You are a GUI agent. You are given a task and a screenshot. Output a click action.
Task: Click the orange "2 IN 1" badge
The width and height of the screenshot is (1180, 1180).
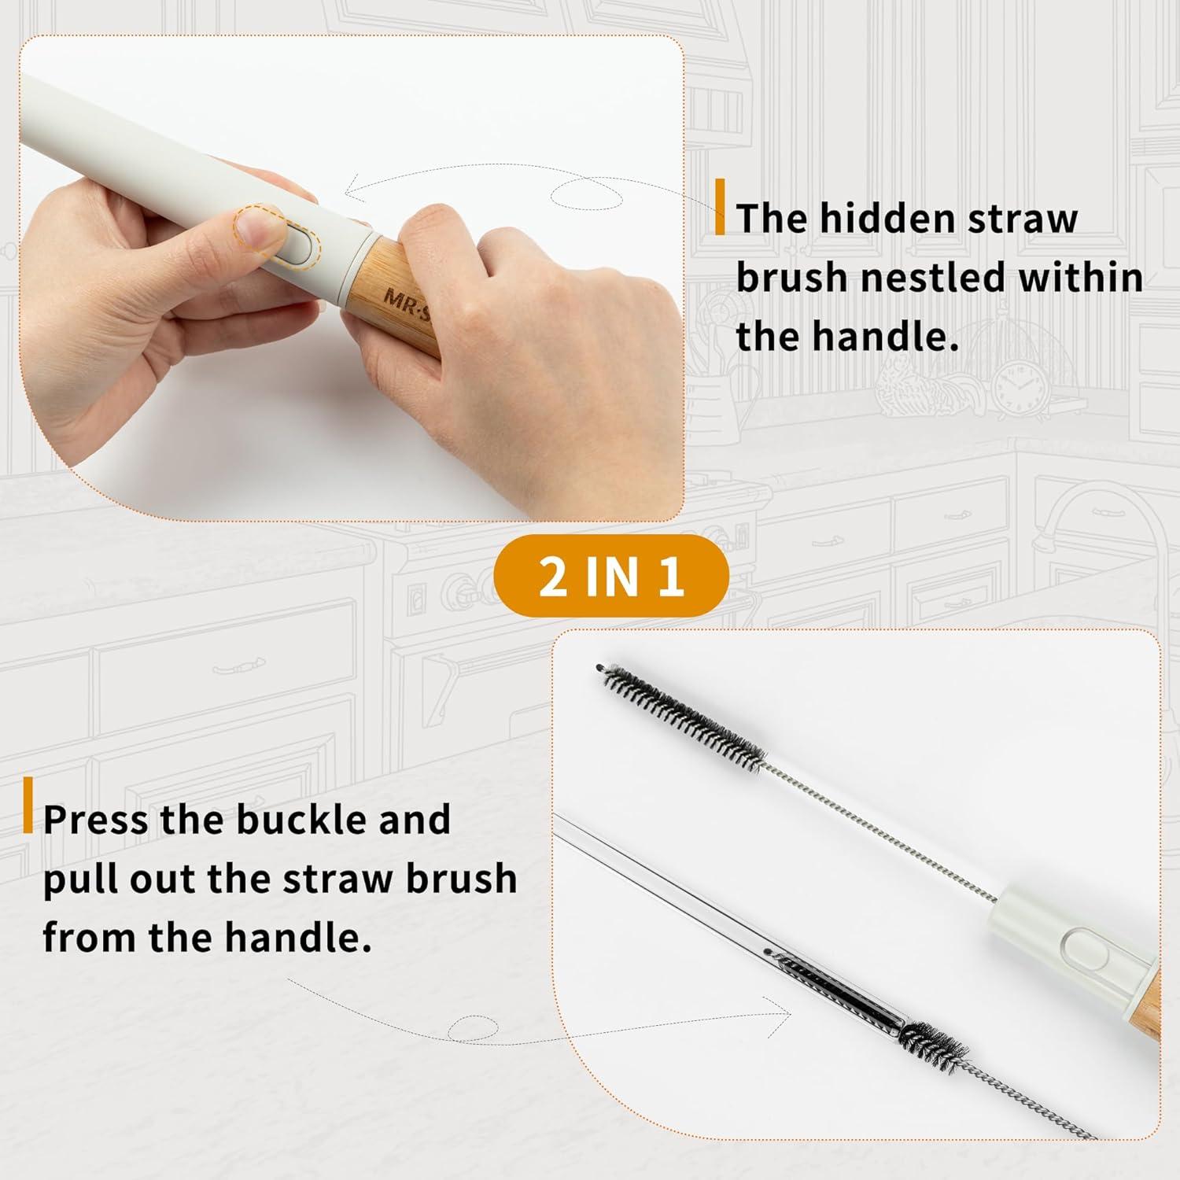(610, 576)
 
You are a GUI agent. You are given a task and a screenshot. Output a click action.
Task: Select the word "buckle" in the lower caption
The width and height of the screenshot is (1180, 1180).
(301, 820)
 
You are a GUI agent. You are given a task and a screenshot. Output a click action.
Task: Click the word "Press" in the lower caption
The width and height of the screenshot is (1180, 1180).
(95, 820)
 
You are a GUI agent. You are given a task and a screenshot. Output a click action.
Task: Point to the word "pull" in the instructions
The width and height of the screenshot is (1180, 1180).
(79, 879)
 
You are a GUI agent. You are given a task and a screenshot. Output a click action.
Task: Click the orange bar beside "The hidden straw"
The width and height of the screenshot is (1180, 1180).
(720, 207)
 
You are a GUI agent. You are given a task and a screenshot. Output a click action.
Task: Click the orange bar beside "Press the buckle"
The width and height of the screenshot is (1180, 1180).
(28, 805)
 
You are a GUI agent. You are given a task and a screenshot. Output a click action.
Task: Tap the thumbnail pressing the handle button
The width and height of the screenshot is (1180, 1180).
(259, 225)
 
